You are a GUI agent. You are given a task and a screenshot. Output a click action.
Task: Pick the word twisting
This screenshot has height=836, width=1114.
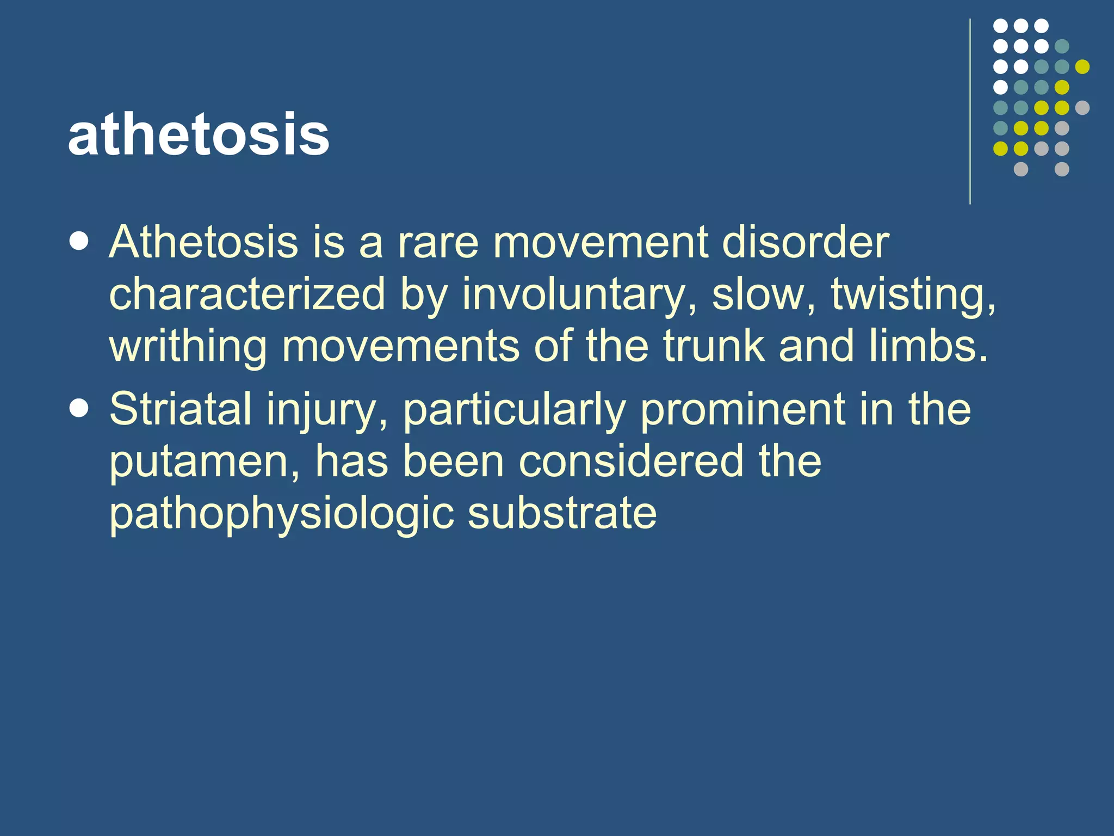(x=914, y=294)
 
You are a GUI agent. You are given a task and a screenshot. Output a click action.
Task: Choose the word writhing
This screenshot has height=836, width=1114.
(x=188, y=347)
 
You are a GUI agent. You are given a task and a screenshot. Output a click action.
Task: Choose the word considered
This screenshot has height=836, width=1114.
(x=631, y=461)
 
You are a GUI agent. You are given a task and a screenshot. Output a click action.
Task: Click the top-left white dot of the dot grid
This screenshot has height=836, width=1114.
(x=1000, y=26)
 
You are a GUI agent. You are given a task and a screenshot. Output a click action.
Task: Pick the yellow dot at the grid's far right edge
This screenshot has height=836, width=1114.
(x=1082, y=66)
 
